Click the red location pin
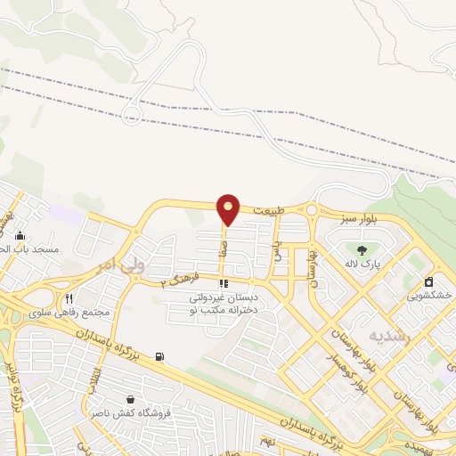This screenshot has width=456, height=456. (229, 208)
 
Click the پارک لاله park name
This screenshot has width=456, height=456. (362, 265)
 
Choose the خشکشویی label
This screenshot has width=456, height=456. (435, 295)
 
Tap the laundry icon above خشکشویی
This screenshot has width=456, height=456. (429, 281)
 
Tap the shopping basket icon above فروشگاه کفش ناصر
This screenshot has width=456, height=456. (131, 399)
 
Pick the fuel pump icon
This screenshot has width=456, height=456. (159, 357)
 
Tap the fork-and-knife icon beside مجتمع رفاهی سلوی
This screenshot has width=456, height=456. (69, 298)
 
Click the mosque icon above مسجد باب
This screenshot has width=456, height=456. (20, 236)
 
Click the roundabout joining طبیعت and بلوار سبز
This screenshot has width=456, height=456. (312, 211)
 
